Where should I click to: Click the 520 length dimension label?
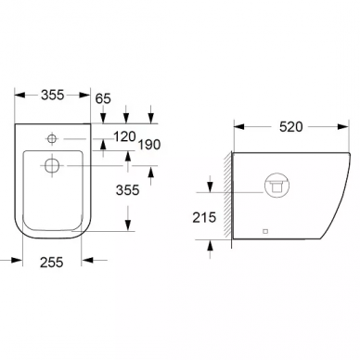[290, 127]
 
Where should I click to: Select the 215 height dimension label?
[204, 218]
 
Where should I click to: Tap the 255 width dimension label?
[52, 263]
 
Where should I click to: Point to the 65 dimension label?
[103, 98]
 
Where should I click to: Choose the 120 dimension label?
[124, 136]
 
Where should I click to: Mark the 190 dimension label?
[149, 145]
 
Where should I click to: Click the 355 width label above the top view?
[53, 95]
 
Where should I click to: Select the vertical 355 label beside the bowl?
[128, 190]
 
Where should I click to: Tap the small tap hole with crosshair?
[52, 138]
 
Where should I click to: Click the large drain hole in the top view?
[52, 165]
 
